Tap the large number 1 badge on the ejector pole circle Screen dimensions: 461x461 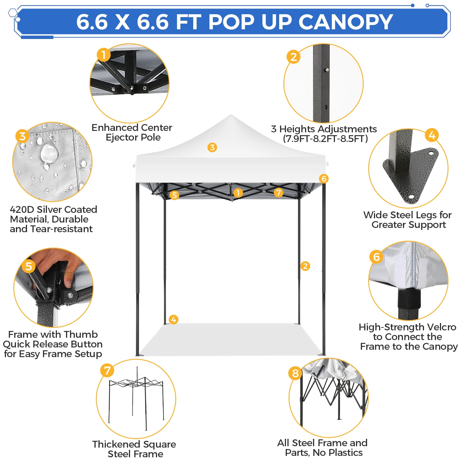point(104,55)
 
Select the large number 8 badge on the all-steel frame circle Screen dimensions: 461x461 point(295,373)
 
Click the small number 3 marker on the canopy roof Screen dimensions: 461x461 point(212,147)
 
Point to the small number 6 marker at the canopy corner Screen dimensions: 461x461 point(324,179)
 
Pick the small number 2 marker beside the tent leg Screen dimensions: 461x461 point(305,266)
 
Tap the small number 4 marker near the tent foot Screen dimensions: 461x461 point(174,319)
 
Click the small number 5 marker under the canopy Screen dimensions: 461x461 point(174,195)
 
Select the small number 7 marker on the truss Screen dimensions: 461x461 point(279,193)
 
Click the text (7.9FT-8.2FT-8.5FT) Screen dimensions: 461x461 point(325,139)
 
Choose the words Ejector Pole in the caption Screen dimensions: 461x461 point(133,137)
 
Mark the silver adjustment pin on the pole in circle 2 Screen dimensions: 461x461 point(327,70)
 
